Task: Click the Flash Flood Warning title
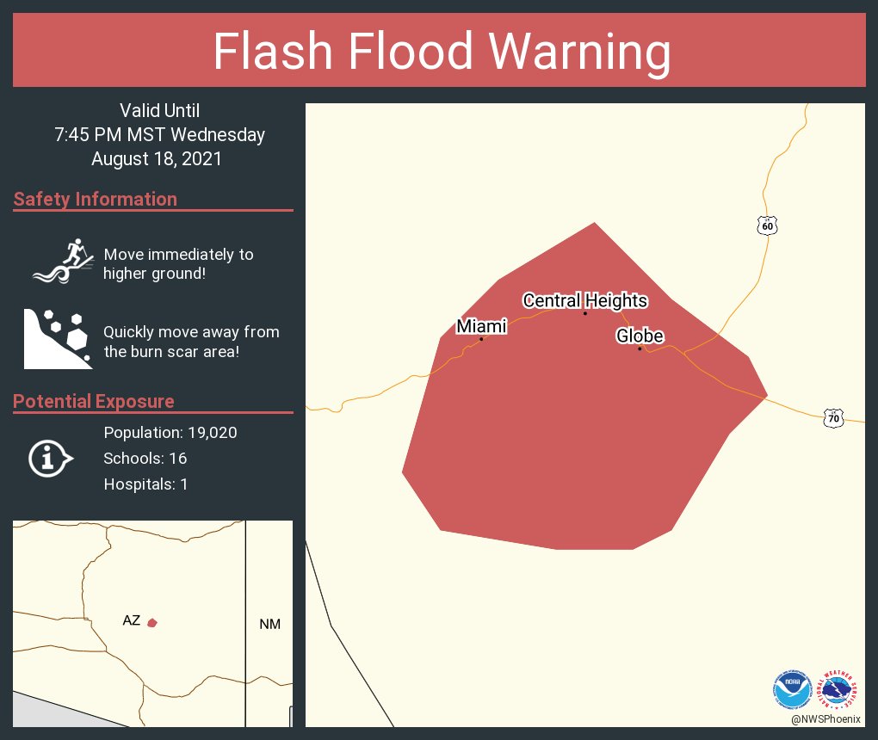441,52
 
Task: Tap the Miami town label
481,326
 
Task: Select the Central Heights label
584,300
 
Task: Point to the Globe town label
640,336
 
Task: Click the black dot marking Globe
640,348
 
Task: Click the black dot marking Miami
481,339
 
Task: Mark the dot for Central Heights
584,313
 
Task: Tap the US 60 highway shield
768,225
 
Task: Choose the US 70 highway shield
832,418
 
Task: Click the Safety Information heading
96,200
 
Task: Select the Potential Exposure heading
94,402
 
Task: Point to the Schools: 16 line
145,458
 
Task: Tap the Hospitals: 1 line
145,484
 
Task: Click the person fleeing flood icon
62,260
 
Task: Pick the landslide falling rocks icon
57,338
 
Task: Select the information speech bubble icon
50,458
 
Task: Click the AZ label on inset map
131,620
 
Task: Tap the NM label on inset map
269,624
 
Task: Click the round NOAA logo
792,688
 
